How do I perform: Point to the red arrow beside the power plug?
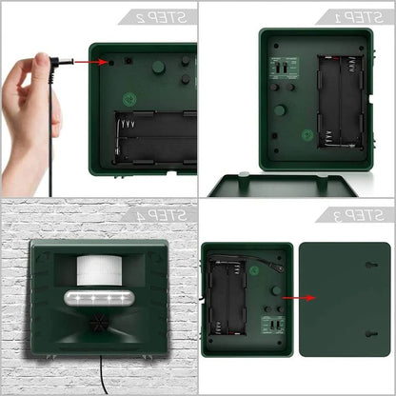tap(88, 63)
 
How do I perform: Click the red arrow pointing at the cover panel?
tap(283, 296)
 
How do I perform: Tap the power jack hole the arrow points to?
tap(112, 63)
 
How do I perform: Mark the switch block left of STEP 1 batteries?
tap(279, 71)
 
